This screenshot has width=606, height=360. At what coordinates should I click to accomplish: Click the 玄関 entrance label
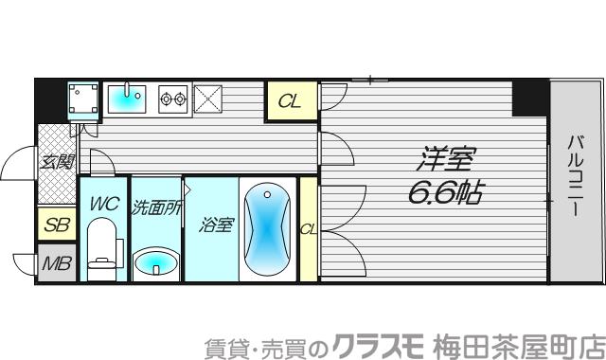(56, 162)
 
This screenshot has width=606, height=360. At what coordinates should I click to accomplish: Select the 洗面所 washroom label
(156, 204)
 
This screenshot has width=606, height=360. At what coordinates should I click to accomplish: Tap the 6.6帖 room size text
(445, 194)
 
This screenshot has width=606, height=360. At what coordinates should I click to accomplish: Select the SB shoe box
(56, 226)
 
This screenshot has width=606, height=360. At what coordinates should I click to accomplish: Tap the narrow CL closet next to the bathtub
(308, 228)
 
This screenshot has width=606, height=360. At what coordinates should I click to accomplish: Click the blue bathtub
(267, 228)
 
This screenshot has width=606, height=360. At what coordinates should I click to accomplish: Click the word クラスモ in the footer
(370, 343)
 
